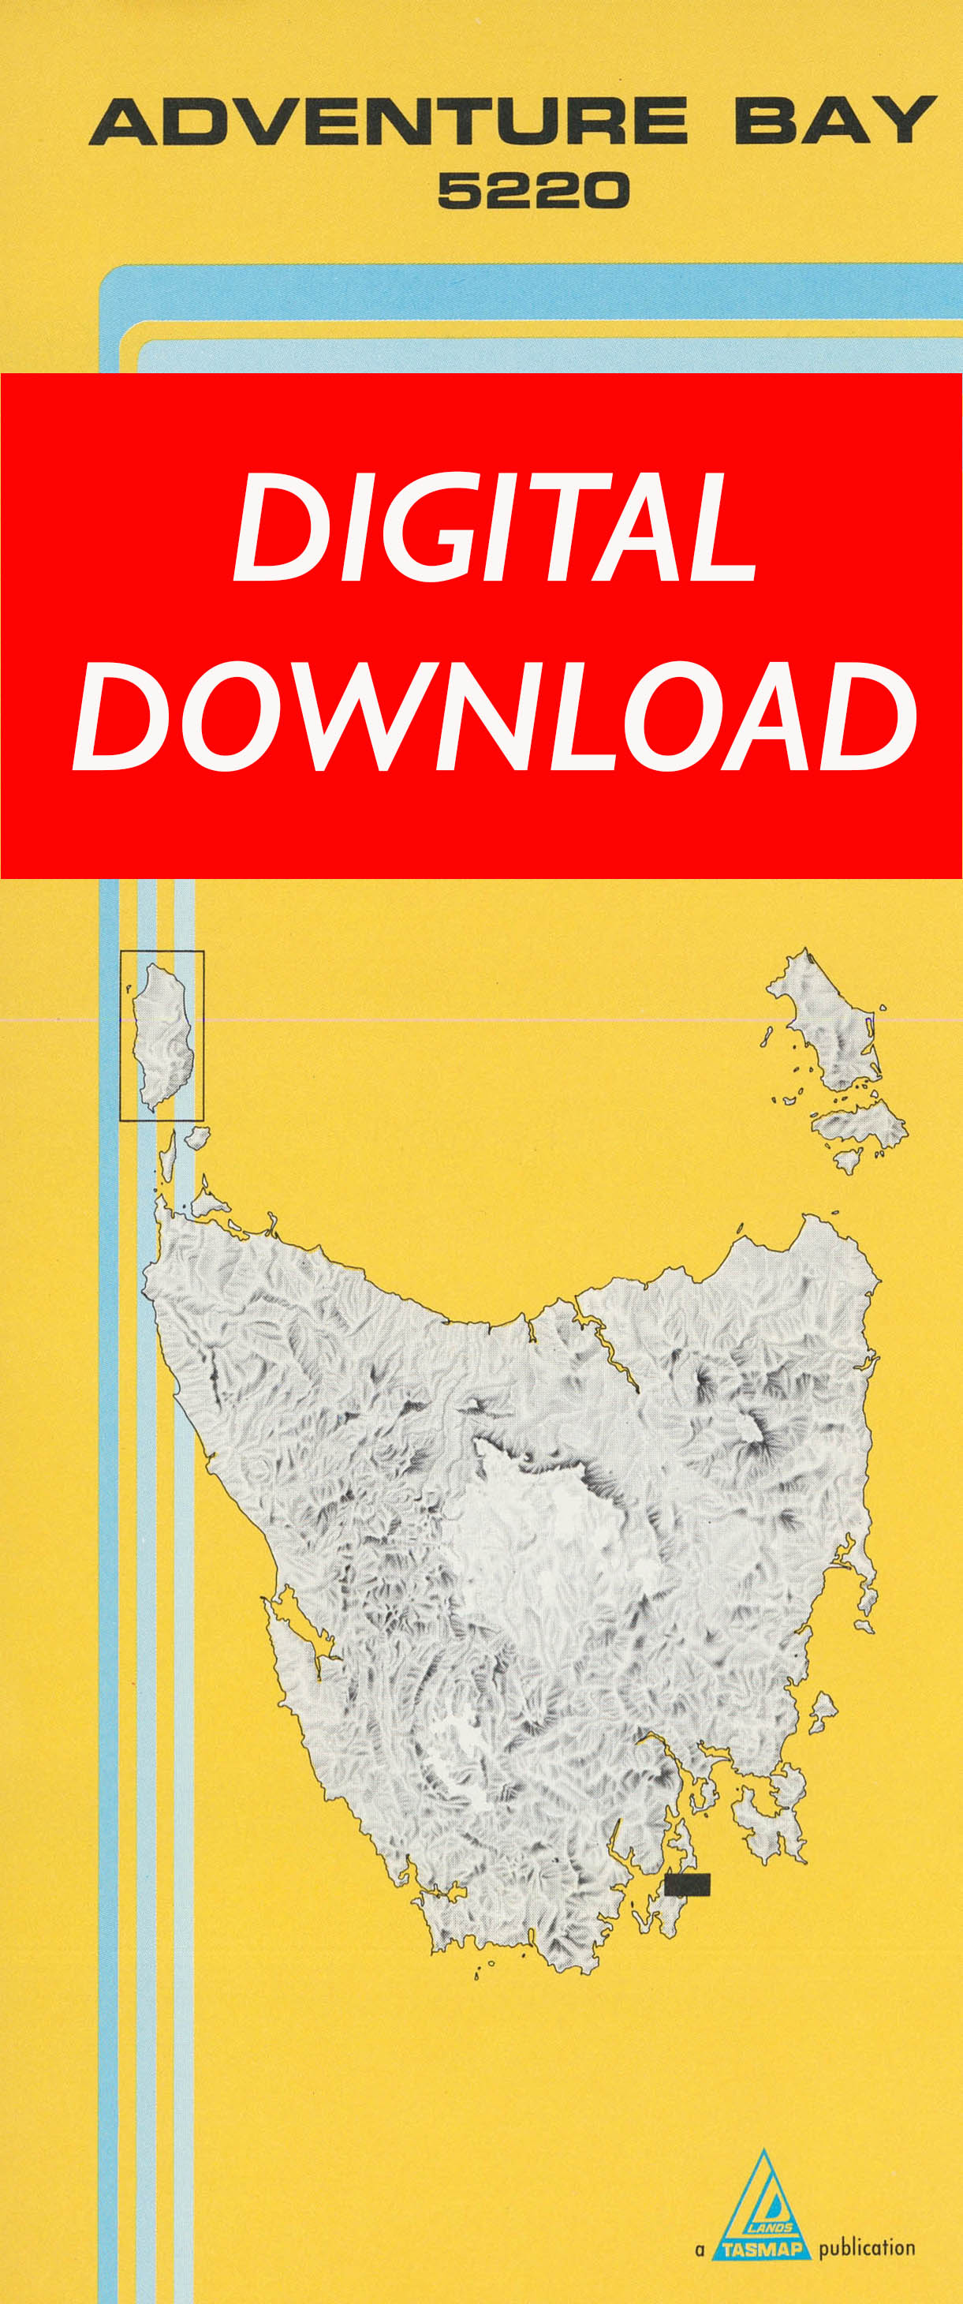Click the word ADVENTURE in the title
pyautogui.click(x=388, y=122)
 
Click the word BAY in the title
pyautogui.click(x=835, y=122)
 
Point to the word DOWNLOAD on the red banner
pyautogui.click(x=495, y=717)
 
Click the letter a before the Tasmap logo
pyautogui.click(x=700, y=2250)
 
